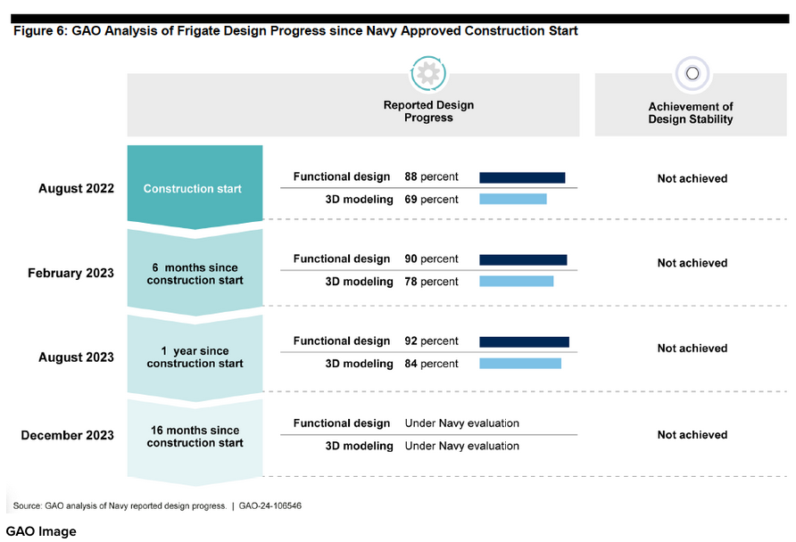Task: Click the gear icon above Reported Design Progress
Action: [428, 73]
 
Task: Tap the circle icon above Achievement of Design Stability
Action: [692, 73]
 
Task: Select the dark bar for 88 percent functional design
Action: [522, 177]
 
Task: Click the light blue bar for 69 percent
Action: [513, 199]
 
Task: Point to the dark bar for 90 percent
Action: [523, 259]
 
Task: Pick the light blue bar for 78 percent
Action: [517, 281]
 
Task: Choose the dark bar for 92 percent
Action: [524, 341]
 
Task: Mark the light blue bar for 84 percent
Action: [520, 363]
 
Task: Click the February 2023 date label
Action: [70, 273]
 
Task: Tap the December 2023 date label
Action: [67, 435]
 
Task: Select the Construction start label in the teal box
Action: [193, 189]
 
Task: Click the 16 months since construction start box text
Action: [195, 437]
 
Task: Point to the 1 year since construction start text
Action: [195, 357]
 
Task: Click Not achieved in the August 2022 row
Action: [692, 178]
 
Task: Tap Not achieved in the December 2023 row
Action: [692, 434]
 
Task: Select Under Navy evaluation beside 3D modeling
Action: [462, 446]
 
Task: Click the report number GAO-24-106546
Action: [270, 505]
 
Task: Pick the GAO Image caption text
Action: [41, 531]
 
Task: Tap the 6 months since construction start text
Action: [195, 274]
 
